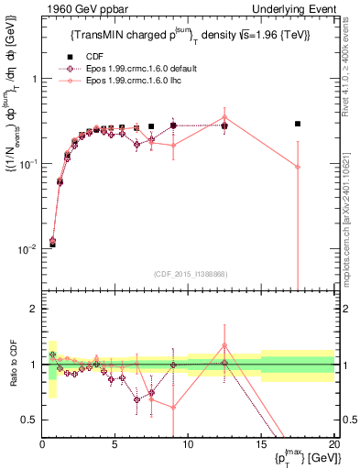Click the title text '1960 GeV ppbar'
click(x=80, y=10)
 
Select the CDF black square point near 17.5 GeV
click(x=298, y=124)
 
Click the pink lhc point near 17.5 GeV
click(x=298, y=167)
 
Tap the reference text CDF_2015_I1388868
click(x=190, y=274)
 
